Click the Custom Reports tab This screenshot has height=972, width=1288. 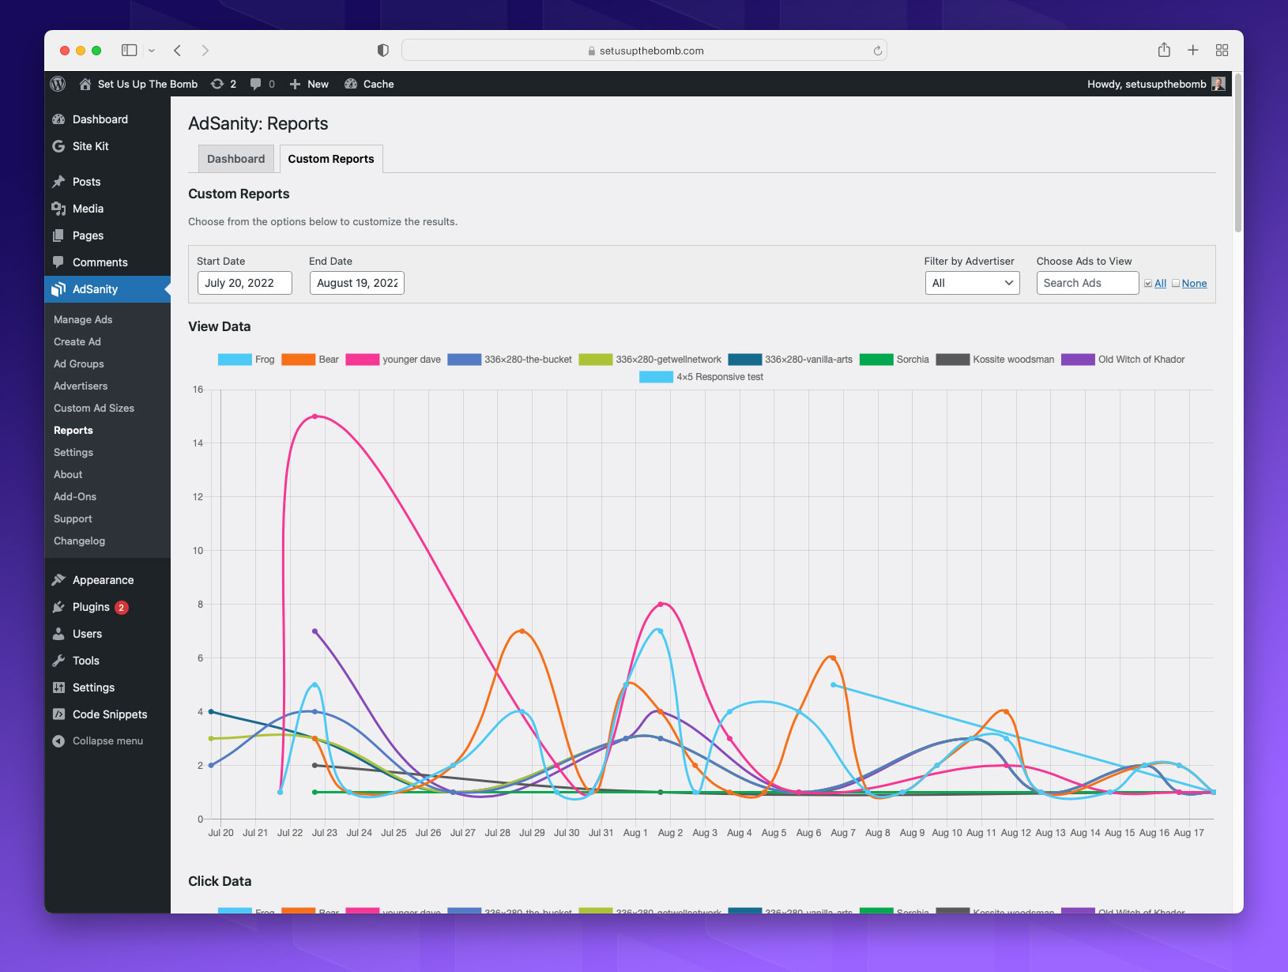click(x=330, y=159)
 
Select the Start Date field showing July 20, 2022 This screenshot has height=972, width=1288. click(x=244, y=283)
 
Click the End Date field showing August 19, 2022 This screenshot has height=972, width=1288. click(x=356, y=283)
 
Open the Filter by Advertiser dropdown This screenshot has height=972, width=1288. click(x=972, y=283)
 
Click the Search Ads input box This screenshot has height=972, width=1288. click(x=1087, y=283)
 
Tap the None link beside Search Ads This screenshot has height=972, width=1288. click(x=1193, y=284)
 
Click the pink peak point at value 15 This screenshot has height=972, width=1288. click(x=314, y=416)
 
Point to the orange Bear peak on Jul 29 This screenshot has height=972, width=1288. click(x=522, y=631)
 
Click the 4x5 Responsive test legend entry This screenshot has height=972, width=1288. click(x=702, y=377)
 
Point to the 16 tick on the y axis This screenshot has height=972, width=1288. click(x=198, y=390)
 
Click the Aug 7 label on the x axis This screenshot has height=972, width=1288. click(x=842, y=833)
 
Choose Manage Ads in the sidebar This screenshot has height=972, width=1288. click(x=83, y=320)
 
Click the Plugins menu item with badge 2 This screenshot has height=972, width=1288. click(x=91, y=607)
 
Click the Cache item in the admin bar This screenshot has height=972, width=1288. click(x=370, y=85)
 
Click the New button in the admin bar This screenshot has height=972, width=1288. click(x=309, y=85)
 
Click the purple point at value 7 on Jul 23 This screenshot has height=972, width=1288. click(x=314, y=631)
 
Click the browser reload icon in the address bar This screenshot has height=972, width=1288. click(x=877, y=51)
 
